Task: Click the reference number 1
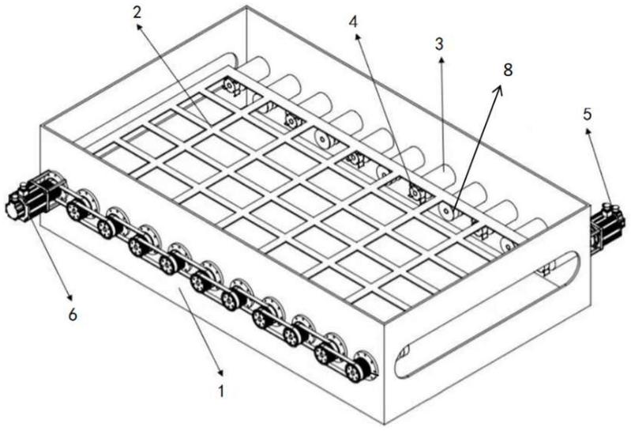(x=221, y=390)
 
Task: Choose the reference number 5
(x=587, y=115)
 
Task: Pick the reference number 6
(x=72, y=315)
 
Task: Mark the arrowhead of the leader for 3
(x=441, y=56)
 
